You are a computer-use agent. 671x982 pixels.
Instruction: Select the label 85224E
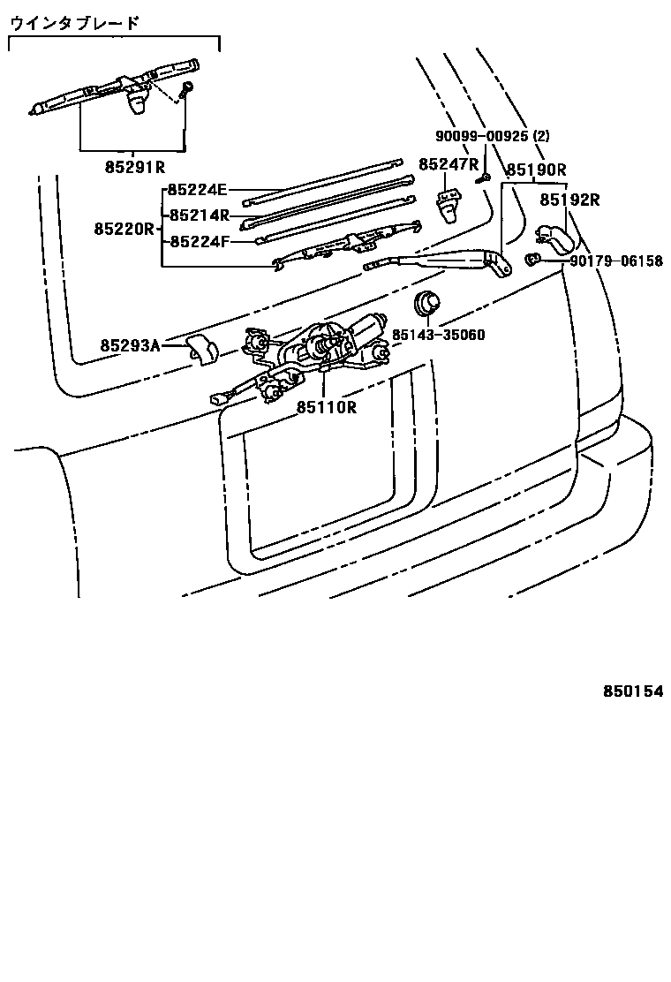point(198,189)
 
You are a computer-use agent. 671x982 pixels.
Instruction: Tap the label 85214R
point(200,215)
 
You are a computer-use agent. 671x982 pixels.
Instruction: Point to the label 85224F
point(198,240)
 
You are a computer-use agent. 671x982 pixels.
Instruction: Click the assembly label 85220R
point(124,229)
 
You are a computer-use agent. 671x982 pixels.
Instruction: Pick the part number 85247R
point(449,164)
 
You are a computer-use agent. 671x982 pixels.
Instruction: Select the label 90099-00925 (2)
point(493,137)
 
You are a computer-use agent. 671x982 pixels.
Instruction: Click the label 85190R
point(536,170)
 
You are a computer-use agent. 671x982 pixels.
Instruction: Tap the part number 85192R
point(569,200)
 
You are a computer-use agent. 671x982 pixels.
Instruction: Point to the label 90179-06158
point(616,261)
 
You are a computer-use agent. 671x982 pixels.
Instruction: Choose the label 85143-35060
point(439,336)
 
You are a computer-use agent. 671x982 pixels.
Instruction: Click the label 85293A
point(130,345)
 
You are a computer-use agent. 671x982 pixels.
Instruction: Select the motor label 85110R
point(326,407)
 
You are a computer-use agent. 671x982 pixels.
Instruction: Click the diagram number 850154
point(633,691)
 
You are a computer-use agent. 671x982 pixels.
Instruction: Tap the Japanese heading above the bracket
point(74,24)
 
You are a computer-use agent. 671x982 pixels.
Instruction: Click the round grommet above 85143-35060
point(427,303)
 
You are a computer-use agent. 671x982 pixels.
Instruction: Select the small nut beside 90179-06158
point(533,260)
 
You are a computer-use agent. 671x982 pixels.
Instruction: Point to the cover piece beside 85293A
point(203,349)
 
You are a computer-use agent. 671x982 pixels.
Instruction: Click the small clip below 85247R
point(449,204)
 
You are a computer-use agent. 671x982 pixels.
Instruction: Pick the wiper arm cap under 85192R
point(553,236)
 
